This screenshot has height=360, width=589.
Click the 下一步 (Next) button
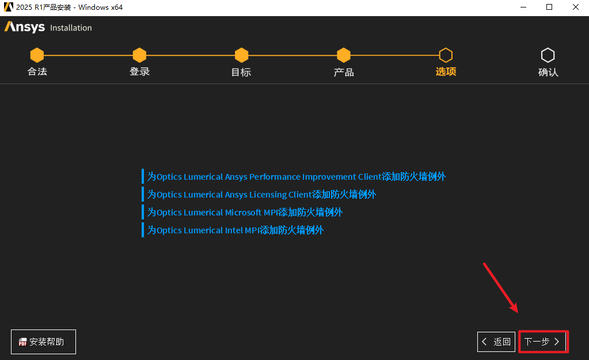543,342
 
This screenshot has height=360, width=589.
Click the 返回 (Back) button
496,342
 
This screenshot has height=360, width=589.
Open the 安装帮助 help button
43,342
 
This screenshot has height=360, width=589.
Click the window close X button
576,7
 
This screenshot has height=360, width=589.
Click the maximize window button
549,7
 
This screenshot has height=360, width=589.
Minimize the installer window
523,7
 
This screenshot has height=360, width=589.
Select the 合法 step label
37,72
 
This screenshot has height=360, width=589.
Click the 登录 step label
139,72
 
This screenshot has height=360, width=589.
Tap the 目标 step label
241,72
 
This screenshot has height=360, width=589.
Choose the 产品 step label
344,72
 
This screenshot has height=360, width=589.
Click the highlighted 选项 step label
446,72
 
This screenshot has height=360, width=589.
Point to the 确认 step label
548,72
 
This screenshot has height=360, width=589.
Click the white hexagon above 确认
548,55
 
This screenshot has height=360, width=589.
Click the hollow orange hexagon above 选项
446,55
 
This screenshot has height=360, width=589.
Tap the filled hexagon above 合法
37,55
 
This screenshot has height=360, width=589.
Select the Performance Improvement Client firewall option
296,177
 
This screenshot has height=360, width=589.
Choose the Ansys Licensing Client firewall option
261,195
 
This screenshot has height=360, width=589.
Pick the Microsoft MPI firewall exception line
245,213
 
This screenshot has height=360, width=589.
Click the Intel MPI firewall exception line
235,230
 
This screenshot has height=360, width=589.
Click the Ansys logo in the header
25,27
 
